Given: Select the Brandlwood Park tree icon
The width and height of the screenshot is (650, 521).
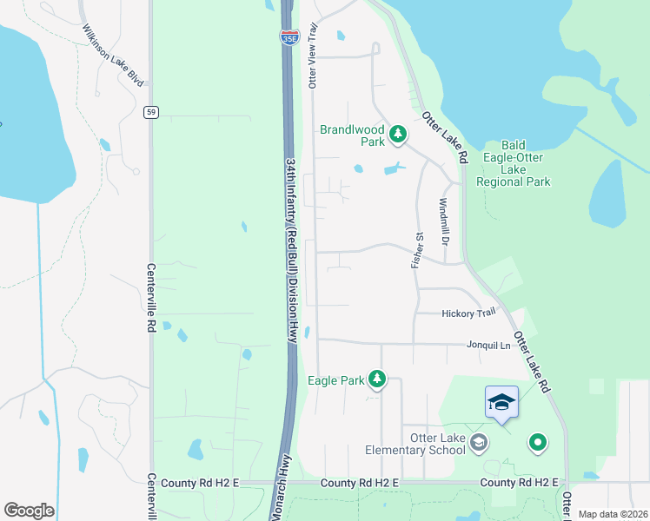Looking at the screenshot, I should click(397, 134).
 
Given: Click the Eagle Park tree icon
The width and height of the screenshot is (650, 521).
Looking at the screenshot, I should click(376, 379).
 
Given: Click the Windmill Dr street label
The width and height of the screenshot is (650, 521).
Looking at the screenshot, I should click(442, 221).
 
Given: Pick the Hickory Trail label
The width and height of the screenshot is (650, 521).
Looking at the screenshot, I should click(468, 313).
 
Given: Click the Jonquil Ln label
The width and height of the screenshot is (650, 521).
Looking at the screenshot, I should click(488, 345).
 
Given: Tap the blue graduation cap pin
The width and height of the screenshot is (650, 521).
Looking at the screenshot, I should click(501, 402).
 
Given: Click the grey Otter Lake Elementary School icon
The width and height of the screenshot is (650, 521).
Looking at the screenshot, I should click(478, 445).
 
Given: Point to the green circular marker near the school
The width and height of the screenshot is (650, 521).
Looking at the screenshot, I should click(537, 444).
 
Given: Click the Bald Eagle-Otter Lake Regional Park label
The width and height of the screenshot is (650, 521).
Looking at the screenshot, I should click(514, 164).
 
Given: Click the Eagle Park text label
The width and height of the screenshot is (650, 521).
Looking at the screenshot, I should click(335, 379).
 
